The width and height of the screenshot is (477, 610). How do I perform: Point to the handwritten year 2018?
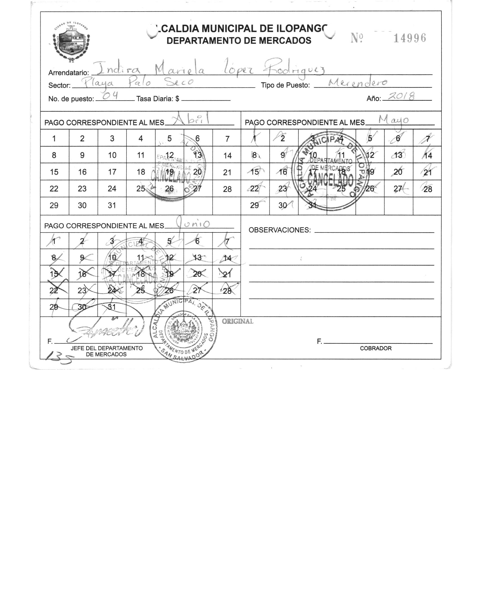point(401,97)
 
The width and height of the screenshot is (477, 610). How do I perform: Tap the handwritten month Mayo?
point(394,120)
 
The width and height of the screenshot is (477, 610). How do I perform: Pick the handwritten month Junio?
point(193,224)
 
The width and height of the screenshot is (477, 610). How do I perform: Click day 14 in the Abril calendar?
point(227,156)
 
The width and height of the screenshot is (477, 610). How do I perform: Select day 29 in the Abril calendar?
point(54,205)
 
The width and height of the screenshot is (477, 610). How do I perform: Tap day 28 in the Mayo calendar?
point(427,189)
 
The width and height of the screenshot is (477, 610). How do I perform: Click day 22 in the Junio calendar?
point(54,290)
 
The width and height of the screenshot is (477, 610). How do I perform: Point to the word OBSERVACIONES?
point(279,230)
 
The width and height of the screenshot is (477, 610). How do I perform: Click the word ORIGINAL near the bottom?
point(238,321)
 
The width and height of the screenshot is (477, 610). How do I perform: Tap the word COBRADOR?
point(376,349)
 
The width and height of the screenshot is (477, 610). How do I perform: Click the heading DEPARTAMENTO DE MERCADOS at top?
point(239,41)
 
